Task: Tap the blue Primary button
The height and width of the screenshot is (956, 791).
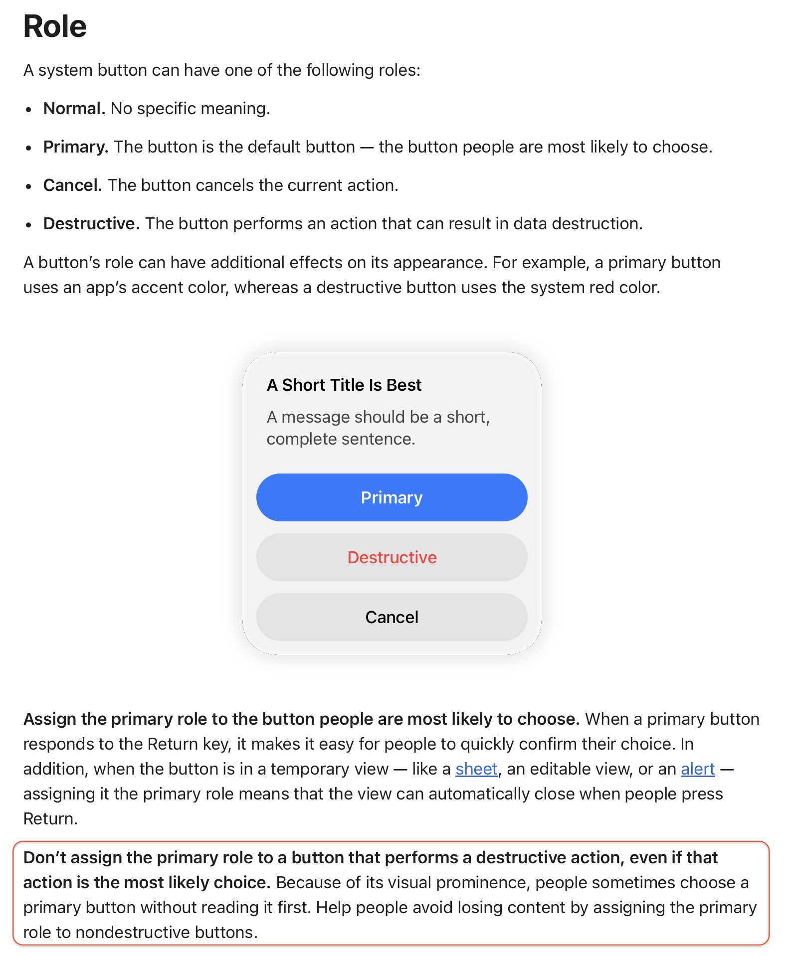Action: point(392,497)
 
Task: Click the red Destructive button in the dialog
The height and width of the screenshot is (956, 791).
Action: point(392,557)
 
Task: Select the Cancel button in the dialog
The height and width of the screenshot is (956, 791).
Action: point(392,617)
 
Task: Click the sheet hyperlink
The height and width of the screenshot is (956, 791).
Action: point(476,769)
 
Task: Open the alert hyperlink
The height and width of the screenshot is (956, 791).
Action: point(698,769)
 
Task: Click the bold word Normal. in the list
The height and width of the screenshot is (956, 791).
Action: point(74,109)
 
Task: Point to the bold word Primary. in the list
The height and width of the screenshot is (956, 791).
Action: point(76,147)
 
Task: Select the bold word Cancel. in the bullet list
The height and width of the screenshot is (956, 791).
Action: point(73,185)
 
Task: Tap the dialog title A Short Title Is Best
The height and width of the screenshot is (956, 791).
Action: point(344,385)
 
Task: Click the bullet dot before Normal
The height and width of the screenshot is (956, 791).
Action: point(29,110)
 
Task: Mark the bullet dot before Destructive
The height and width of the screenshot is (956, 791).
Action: point(29,225)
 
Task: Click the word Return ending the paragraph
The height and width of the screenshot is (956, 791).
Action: point(50,819)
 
